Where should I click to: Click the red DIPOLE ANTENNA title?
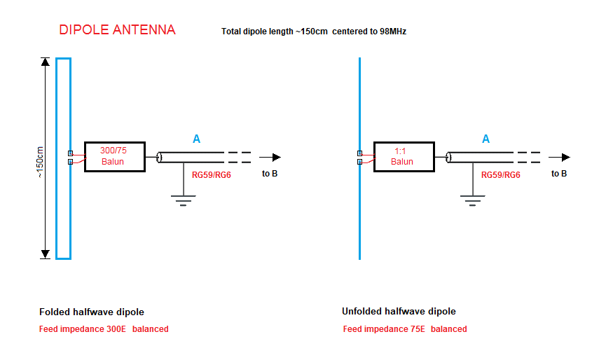pos(117,30)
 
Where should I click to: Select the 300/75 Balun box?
pos(114,156)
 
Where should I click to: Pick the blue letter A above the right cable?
pos(486,139)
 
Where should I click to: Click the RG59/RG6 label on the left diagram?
pos(211,175)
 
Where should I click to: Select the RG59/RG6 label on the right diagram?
pos(500,175)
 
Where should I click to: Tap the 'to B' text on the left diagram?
pos(270,174)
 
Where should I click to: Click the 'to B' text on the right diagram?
pos(559,174)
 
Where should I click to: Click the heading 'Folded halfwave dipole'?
pos(92,312)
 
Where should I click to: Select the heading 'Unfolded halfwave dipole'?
pos(399,311)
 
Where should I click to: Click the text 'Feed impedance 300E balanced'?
pos(104,328)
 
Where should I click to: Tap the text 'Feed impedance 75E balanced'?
pos(405,328)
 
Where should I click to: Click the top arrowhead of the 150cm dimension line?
pos(46,62)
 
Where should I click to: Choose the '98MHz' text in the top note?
pos(392,32)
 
